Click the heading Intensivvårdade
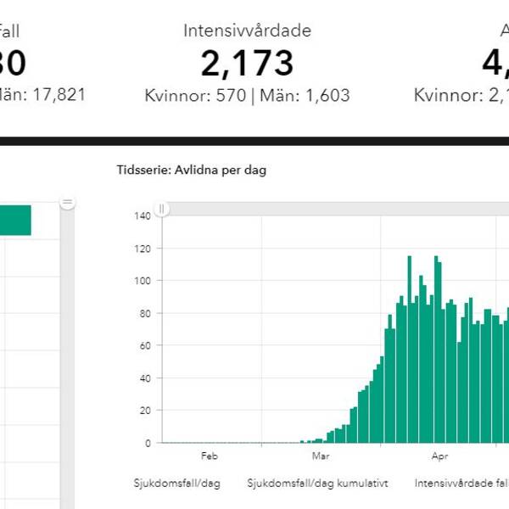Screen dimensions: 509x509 point(247,31)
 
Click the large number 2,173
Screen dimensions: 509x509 point(247,64)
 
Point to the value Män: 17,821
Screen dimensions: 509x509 point(42,96)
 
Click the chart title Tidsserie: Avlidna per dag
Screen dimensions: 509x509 point(191,171)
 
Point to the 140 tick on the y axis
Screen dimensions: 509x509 point(142,215)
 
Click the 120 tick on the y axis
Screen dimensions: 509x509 point(142,249)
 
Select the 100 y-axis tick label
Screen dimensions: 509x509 point(142,281)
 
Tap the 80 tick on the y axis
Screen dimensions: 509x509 point(144,313)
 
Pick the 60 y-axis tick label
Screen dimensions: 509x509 point(144,345)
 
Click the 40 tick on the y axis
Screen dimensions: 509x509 point(144,378)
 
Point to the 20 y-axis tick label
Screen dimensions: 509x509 point(144,411)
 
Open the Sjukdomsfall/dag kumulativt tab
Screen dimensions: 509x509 point(317,483)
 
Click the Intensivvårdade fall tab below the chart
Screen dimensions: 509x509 point(461,483)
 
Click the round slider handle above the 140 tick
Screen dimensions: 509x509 point(162,208)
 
